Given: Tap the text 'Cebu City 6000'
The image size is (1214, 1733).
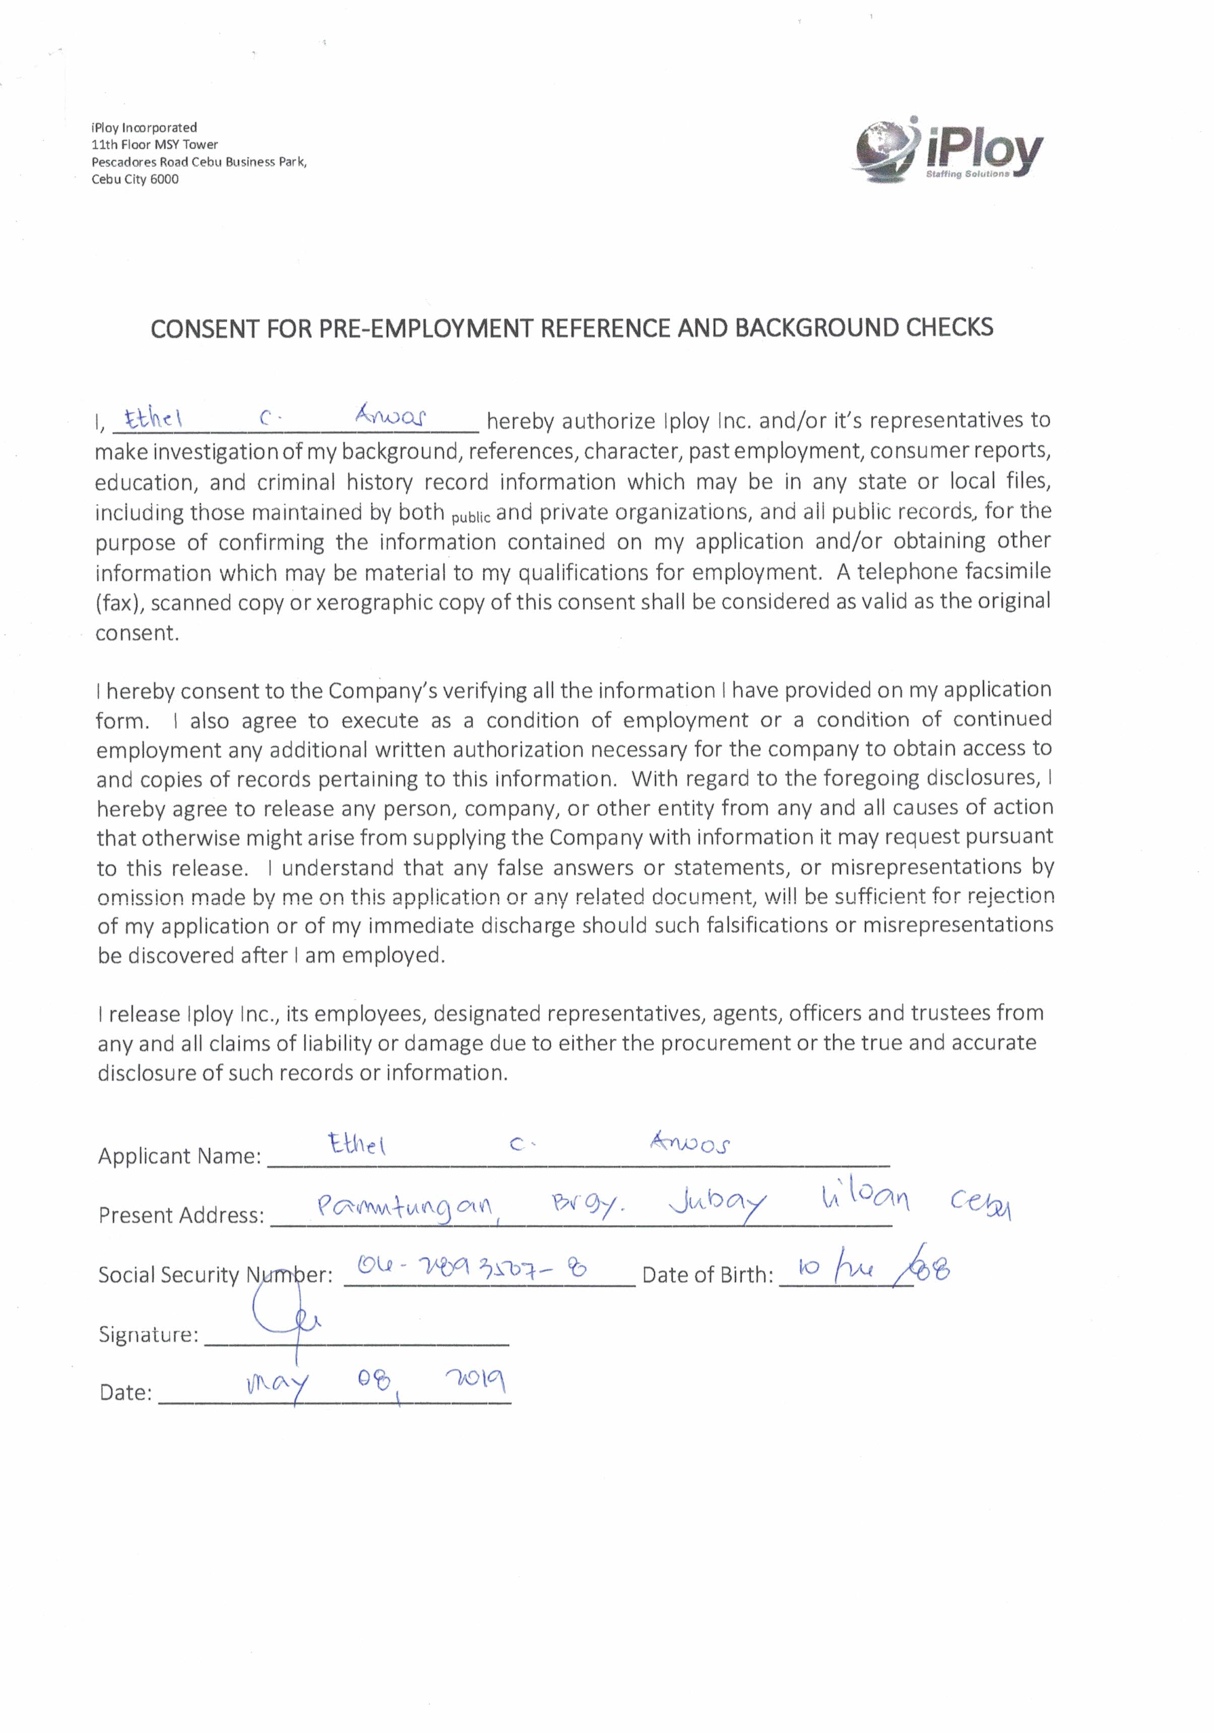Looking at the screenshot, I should tap(135, 179).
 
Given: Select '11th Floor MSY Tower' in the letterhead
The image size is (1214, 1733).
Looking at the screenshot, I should tap(155, 144).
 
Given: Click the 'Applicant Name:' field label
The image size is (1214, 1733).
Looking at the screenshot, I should tap(179, 1156).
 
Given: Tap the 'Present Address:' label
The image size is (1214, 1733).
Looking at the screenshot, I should tap(181, 1215).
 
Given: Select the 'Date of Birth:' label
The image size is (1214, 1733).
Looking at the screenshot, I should tap(707, 1275).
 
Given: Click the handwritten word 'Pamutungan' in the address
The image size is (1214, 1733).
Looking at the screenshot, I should tap(405, 1209).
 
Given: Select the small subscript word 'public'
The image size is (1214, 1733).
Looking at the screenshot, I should tap(471, 518).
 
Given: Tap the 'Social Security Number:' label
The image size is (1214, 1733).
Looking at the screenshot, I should tap(215, 1275).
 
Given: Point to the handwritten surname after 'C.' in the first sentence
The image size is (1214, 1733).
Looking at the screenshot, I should tap(390, 416).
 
